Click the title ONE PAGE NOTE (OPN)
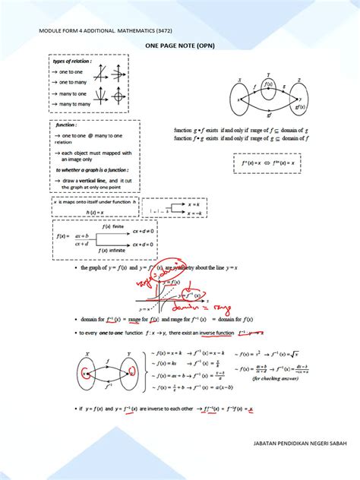point(179,46)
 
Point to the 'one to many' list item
point(74,82)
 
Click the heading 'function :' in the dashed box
point(69,127)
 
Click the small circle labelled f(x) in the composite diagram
point(268,85)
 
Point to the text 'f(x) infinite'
point(115,250)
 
